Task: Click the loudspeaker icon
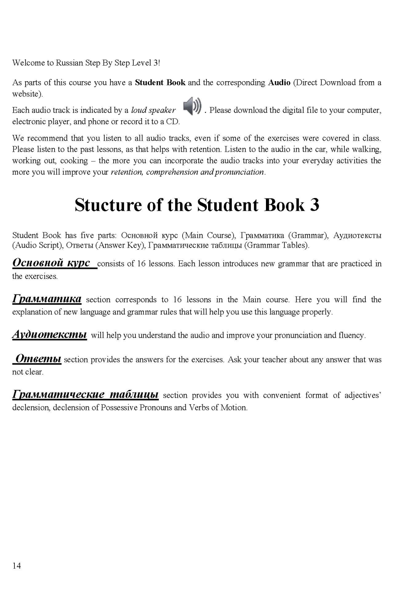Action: [192, 106]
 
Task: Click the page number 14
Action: [16, 566]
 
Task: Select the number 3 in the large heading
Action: [314, 205]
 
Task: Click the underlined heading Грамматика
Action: [47, 299]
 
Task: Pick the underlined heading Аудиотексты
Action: [50, 335]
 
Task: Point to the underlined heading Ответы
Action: [38, 359]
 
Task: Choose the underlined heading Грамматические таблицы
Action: [85, 394]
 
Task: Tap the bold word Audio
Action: [279, 82]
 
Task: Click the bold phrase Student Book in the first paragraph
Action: [160, 82]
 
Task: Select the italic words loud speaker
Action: [153, 110]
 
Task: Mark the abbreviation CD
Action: [172, 122]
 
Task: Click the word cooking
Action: [74, 161]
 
